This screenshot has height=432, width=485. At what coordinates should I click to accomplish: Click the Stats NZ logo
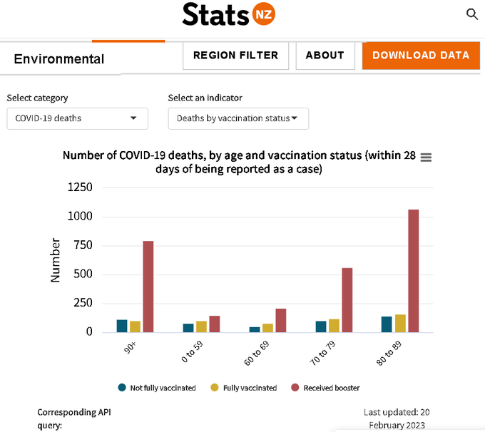pyautogui.click(x=228, y=14)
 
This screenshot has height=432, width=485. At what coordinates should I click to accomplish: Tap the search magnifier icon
pyautogui.click(x=471, y=14)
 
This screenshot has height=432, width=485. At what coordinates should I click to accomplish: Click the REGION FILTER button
pyautogui.click(x=235, y=56)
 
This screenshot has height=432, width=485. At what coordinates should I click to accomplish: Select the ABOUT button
pyautogui.click(x=325, y=56)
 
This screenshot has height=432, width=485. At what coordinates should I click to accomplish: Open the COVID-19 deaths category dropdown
pyautogui.click(x=77, y=118)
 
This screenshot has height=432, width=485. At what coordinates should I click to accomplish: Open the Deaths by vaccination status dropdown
pyautogui.click(x=238, y=118)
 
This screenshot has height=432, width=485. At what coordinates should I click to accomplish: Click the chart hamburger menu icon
pyautogui.click(x=426, y=158)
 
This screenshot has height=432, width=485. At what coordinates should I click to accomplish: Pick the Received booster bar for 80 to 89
pyautogui.click(x=413, y=271)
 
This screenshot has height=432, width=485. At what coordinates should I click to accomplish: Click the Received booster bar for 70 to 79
pyautogui.click(x=347, y=300)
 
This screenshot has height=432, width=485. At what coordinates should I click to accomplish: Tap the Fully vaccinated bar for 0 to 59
pyautogui.click(x=201, y=326)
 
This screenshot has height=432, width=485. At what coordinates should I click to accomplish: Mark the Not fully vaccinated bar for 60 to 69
pyautogui.click(x=255, y=329)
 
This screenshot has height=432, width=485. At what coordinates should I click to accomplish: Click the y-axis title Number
pyautogui.click(x=56, y=260)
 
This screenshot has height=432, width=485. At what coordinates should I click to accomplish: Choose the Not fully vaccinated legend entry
pyautogui.click(x=157, y=388)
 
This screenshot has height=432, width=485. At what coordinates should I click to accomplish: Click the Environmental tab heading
pyautogui.click(x=59, y=59)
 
